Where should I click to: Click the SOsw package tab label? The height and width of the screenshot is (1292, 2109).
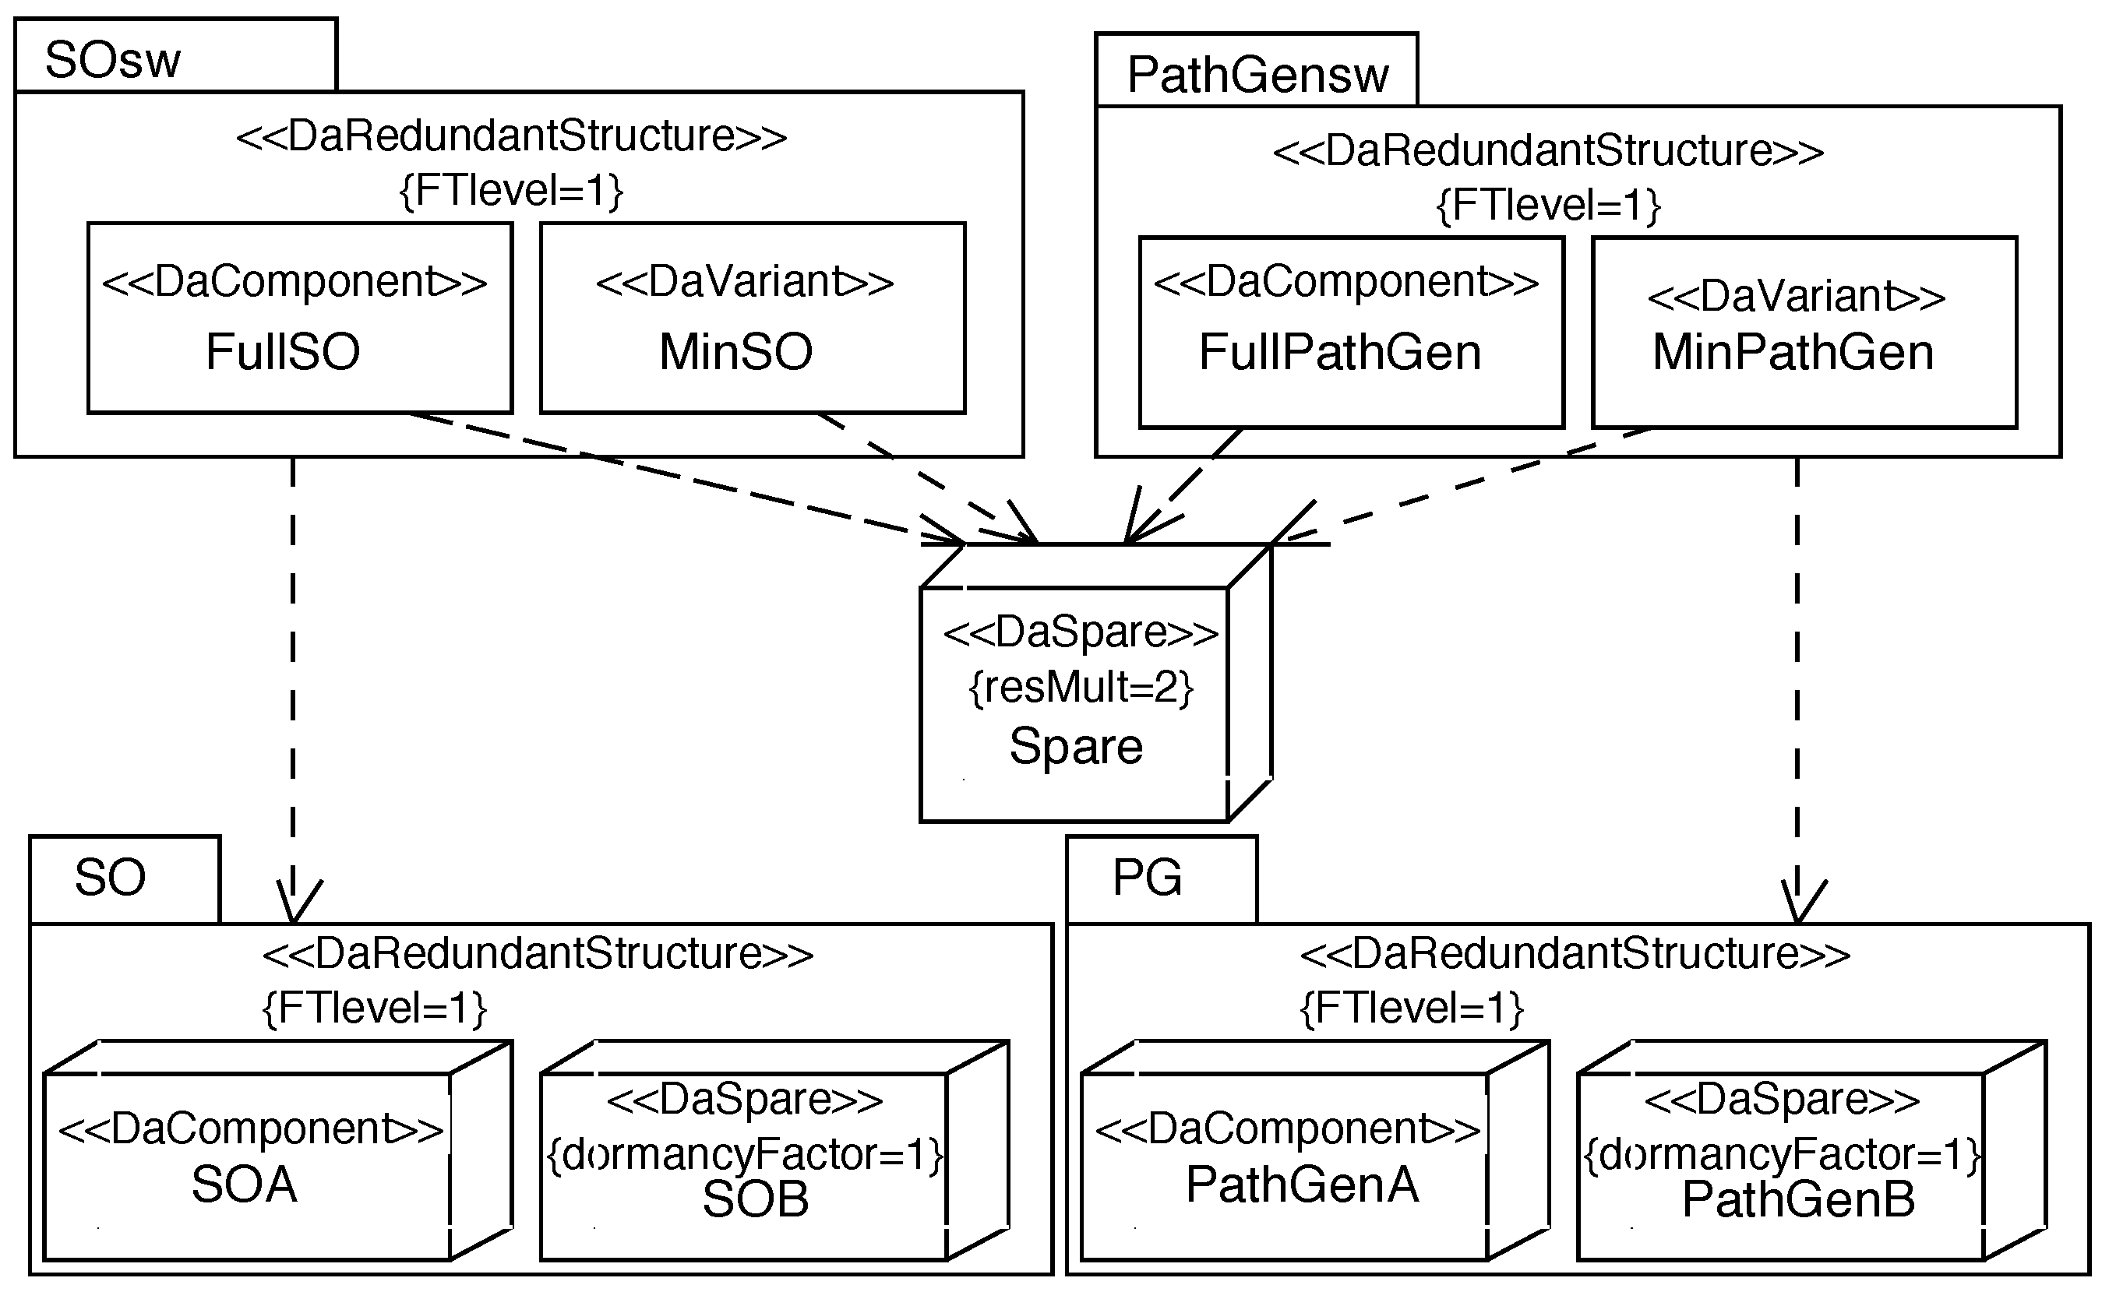coord(113,60)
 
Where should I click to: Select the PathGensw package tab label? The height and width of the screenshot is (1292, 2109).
coord(1257,75)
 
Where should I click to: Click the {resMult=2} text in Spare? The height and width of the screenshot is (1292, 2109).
coord(1080,687)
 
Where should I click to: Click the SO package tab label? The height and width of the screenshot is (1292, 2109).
coord(111,878)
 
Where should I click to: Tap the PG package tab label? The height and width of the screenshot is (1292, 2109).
coord(1147,878)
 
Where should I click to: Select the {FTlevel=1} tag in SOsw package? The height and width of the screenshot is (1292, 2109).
coord(511,190)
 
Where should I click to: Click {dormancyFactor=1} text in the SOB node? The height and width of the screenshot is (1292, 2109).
coord(745,1155)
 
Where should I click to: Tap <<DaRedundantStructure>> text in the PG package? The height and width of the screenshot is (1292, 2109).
coord(1575,953)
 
